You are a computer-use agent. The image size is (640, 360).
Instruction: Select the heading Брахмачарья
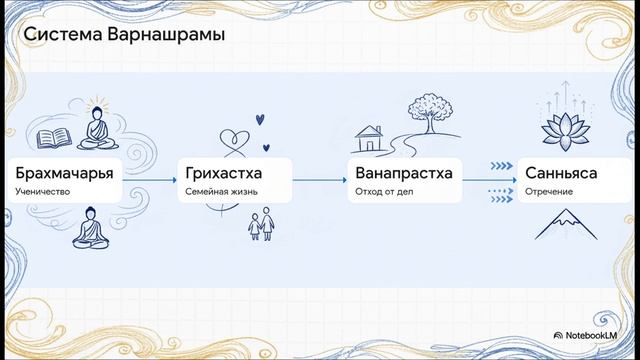tap(63, 173)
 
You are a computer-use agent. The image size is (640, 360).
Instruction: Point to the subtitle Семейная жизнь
tap(220, 190)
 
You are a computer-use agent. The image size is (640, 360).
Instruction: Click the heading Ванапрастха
tap(403, 173)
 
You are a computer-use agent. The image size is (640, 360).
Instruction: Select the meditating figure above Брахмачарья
tap(96, 128)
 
